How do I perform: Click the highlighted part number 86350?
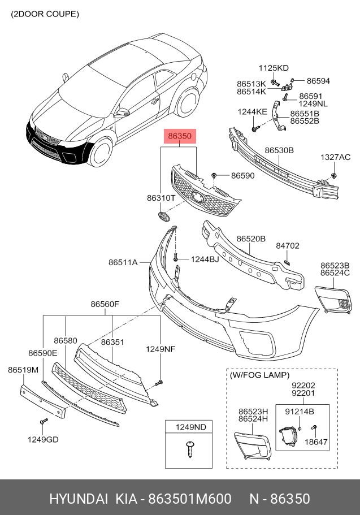tap(180, 136)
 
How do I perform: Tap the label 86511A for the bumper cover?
tap(123, 262)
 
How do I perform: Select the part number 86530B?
tap(279, 150)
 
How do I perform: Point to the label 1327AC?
tap(335, 157)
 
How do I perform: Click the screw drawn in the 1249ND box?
tap(189, 449)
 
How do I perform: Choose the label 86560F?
tap(105, 304)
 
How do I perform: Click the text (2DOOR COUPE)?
tap(45, 14)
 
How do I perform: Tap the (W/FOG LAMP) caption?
tap(259, 375)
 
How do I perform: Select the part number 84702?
tap(288, 246)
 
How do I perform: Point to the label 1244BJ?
tap(205, 259)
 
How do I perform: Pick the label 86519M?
tap(23, 370)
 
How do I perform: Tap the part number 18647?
tap(316, 442)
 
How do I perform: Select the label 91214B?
tap(299, 412)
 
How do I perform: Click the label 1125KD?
tap(274, 68)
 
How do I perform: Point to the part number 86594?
tap(318, 81)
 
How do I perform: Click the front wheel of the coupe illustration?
tap(101, 152)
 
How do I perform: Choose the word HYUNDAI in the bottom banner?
tap(79, 499)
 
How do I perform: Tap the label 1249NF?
tap(161, 349)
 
